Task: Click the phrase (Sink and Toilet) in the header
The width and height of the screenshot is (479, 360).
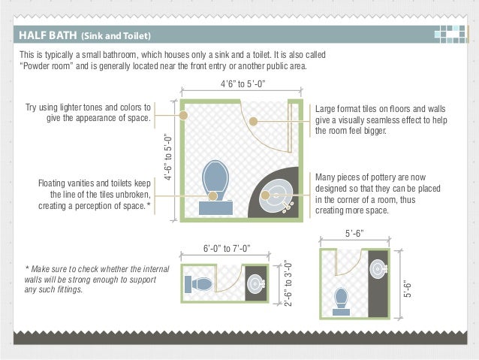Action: click(116, 36)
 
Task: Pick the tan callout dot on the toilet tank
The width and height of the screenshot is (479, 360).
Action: click(214, 196)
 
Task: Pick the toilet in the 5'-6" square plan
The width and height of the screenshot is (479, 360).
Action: click(342, 298)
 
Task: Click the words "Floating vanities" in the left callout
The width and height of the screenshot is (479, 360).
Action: click(71, 183)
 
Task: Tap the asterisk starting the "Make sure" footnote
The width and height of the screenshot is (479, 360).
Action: click(27, 270)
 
